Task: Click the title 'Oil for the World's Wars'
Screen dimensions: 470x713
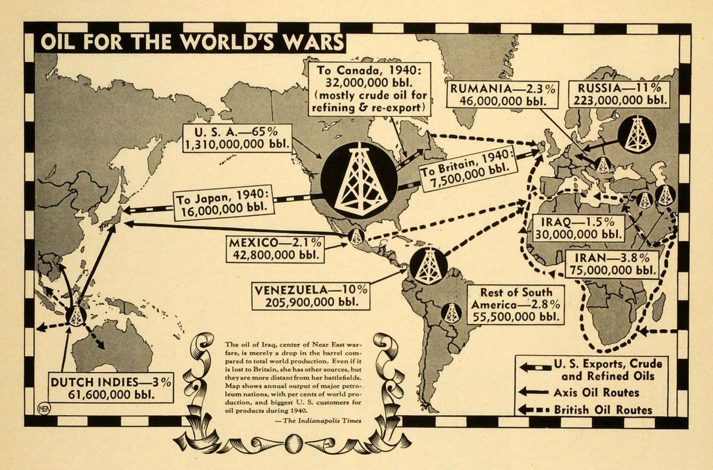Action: (x=190, y=43)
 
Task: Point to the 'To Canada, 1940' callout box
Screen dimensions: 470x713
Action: (x=369, y=88)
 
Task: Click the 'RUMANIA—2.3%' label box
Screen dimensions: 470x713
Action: (x=503, y=95)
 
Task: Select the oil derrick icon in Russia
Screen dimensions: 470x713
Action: (x=636, y=133)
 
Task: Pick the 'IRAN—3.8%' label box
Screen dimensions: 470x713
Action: (x=612, y=263)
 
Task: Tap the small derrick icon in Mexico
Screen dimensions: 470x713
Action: (x=356, y=236)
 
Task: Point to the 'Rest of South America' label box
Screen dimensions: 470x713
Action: (x=516, y=305)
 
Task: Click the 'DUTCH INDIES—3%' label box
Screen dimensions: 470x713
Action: (x=110, y=388)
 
